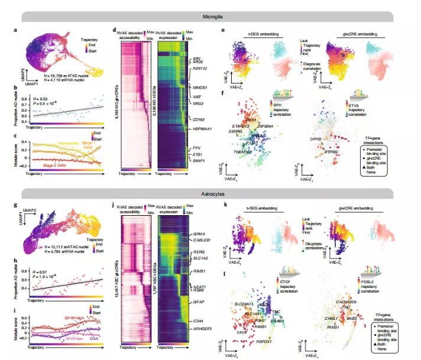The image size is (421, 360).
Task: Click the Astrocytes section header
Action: [x=211, y=193]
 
